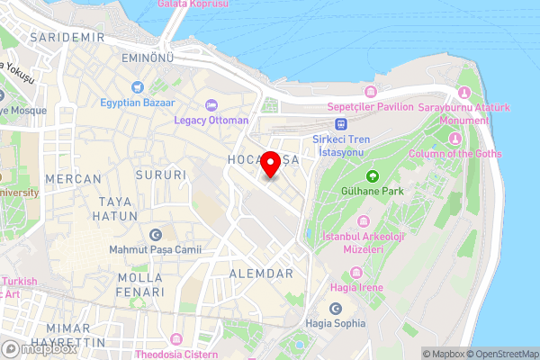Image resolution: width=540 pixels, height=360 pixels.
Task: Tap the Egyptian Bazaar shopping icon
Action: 137,87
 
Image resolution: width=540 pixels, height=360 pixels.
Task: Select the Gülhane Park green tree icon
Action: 372,175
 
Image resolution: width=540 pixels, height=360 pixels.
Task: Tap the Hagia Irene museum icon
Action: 356,272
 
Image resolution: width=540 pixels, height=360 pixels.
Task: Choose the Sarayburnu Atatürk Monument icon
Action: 464,93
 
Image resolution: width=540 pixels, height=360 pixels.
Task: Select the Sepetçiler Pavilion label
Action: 370,106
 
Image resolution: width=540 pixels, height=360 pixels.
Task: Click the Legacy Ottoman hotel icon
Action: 211,105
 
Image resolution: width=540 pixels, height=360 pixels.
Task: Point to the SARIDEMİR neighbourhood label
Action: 67,38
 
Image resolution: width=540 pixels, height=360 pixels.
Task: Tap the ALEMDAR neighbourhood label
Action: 262,273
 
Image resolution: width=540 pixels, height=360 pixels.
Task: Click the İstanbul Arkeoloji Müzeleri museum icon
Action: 363,221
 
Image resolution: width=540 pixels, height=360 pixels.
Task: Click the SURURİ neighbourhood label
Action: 160,175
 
